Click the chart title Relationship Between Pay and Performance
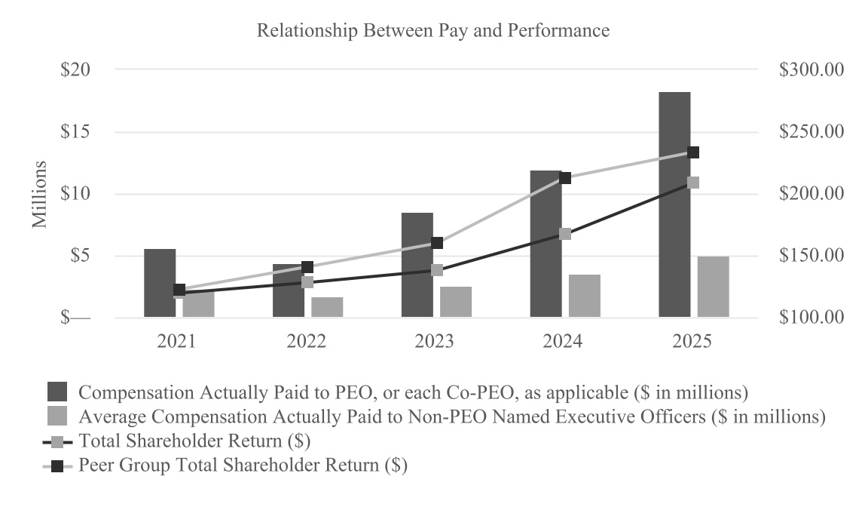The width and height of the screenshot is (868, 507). point(433,30)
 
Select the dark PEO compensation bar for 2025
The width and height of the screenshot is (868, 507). point(674,204)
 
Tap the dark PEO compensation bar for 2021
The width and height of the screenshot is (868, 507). point(160,283)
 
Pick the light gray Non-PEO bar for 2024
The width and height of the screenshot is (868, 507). point(585,296)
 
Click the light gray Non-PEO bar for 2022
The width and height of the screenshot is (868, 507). point(327,307)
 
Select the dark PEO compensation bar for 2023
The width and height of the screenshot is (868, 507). point(417,265)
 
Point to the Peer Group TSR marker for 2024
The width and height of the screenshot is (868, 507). point(565,178)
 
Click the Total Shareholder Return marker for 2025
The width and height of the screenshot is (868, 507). point(693,183)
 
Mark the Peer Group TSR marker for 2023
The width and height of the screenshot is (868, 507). point(437,243)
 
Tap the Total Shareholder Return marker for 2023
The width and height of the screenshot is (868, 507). point(437,270)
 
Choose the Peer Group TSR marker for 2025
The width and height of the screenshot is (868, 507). point(693,152)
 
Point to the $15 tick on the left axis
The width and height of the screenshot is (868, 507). point(75,132)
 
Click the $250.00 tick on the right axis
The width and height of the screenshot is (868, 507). point(811,132)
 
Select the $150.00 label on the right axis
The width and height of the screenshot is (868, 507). point(811,256)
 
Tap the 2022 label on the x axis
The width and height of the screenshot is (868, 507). point(306,341)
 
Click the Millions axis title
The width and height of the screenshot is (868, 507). point(39,195)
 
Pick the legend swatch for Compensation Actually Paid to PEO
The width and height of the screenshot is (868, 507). point(57,392)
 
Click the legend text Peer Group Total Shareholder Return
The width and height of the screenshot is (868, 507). point(243,464)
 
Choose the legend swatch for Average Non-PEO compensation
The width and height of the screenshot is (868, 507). point(57,416)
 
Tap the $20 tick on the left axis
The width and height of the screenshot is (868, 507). point(75,70)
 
